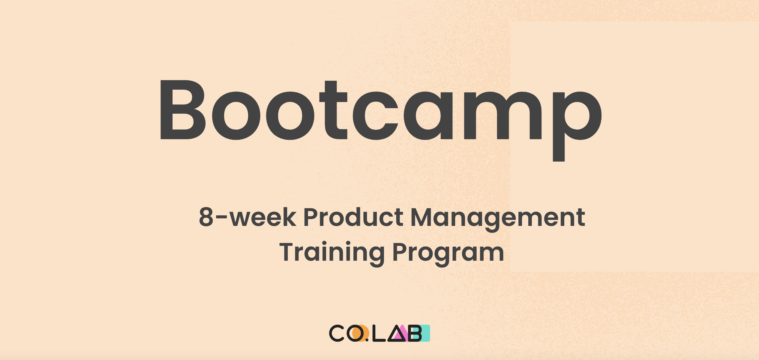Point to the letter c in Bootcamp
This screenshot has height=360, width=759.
click(x=375, y=116)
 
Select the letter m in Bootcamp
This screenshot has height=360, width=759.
click(x=503, y=115)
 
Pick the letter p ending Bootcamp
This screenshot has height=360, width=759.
click(x=577, y=126)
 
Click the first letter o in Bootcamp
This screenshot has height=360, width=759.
click(x=236, y=116)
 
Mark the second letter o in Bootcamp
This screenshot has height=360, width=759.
click(x=290, y=116)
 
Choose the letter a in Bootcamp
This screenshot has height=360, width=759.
click(x=428, y=116)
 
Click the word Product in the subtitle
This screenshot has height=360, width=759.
click(x=353, y=217)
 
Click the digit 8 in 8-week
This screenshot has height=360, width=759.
click(x=206, y=217)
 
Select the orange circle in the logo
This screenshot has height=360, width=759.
click(x=361, y=333)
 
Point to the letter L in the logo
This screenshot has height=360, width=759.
click(x=379, y=333)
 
